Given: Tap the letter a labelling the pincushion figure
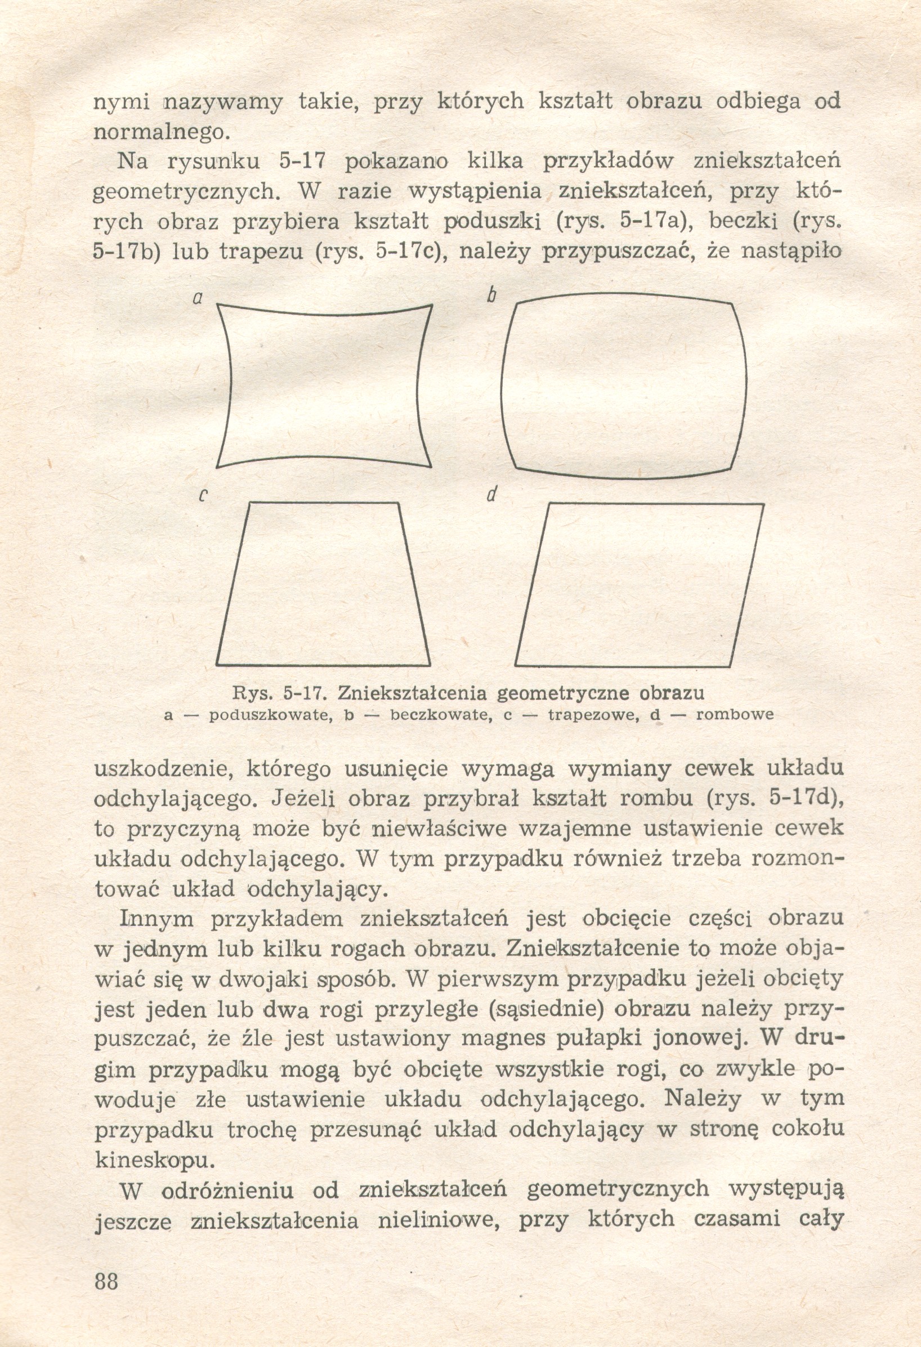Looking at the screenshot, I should pos(198,298).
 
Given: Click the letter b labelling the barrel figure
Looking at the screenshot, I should pos(491,296).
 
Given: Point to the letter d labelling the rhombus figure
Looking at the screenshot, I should pos(492,495).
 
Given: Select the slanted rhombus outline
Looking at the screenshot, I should pos(638,585).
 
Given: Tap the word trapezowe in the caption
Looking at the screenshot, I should pos(593,715).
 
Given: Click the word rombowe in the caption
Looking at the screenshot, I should pos(734,715).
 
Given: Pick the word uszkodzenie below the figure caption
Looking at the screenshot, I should pos(162,770).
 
